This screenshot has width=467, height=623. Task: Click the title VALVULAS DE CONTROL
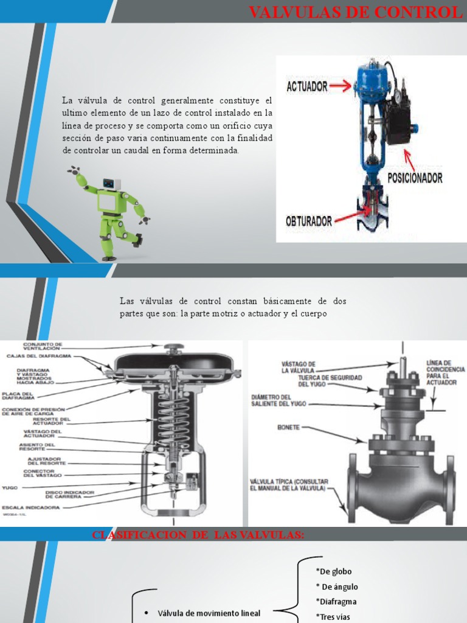pos(356,12)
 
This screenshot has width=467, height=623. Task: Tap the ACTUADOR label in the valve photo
pos(307,86)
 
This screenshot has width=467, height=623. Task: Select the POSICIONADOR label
pos(415,178)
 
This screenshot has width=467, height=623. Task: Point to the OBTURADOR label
pos(309,221)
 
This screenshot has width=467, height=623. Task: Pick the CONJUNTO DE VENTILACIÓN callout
pos(43,346)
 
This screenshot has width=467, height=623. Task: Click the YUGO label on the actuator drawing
pos(9,487)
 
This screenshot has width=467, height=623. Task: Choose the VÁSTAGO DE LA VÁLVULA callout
pos(299,366)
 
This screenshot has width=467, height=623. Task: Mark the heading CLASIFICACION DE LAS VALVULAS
pos(198,535)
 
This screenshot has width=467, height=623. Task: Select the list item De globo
pos(334,571)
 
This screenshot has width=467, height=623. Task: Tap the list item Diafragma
pos(336,602)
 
